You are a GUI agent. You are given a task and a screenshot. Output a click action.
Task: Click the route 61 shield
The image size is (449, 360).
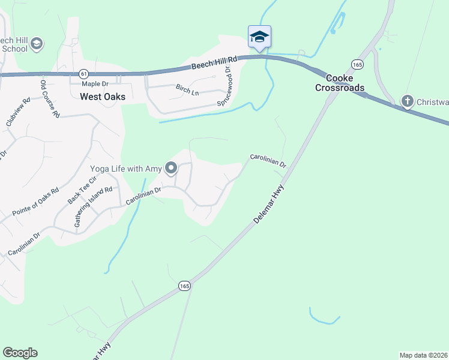(x=83, y=73)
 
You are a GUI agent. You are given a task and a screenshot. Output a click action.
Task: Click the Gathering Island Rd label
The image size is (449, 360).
(x=93, y=206)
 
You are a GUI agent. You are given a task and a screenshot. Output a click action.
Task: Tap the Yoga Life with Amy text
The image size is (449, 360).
(x=126, y=169)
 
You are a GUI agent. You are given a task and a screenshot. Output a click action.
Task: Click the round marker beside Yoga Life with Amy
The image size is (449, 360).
(x=171, y=169)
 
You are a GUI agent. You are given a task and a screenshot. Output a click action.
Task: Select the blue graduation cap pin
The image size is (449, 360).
(x=259, y=37)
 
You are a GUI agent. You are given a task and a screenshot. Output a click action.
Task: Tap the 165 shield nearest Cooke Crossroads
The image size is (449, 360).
(x=357, y=64)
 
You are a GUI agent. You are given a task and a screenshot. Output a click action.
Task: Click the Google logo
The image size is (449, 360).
(x=20, y=353)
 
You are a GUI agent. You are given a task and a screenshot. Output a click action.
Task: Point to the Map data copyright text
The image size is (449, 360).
(x=423, y=355)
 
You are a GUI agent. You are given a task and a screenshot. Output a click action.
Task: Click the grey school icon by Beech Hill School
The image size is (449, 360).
(x=37, y=44)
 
